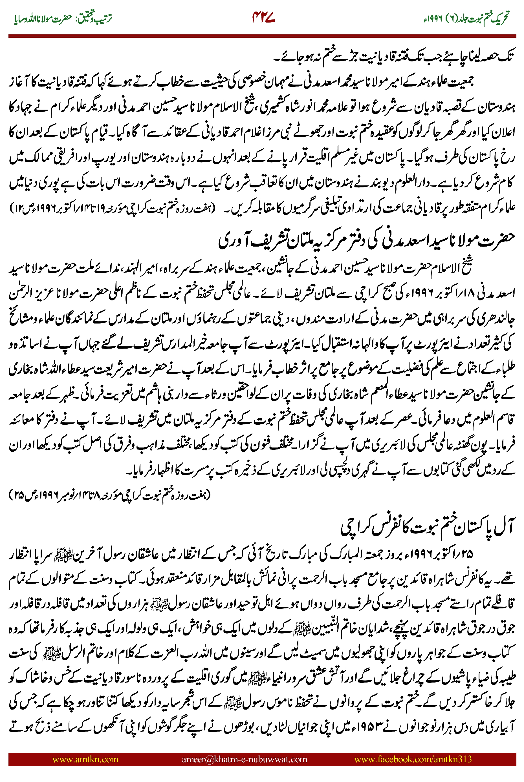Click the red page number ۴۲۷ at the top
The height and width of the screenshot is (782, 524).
(x=263, y=18)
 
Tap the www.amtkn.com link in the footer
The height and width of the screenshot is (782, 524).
(x=85, y=759)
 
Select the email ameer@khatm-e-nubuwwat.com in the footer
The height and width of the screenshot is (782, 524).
(x=244, y=759)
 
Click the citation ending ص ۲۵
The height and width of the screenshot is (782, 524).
(x=110, y=495)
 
